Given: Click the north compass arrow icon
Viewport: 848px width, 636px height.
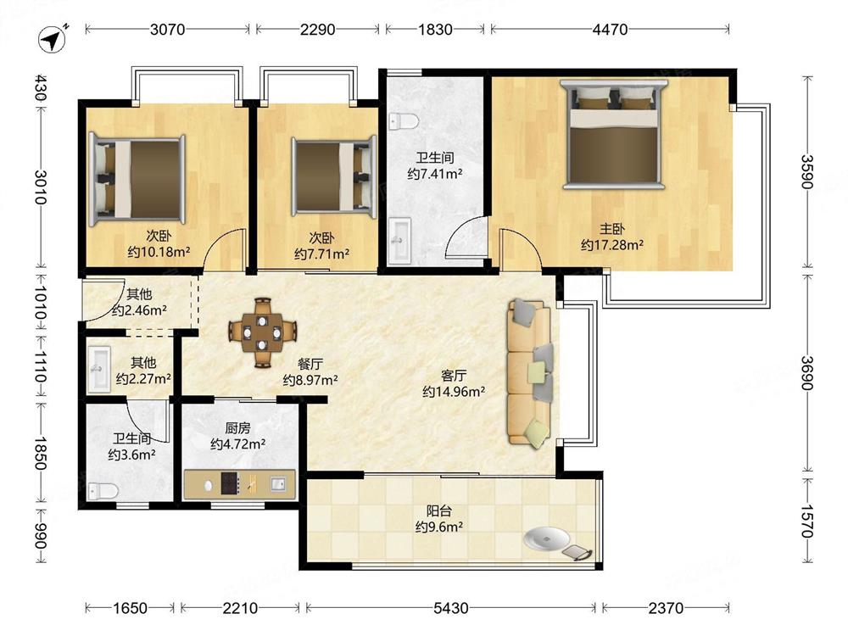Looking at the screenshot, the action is [53, 39].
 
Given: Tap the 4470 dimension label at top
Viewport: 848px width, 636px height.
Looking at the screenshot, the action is [610, 29].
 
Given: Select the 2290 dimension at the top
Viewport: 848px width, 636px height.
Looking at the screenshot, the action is [317, 29].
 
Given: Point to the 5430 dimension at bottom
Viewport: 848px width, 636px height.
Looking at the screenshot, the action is [450, 608].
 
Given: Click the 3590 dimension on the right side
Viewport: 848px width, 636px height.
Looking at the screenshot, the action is [807, 171].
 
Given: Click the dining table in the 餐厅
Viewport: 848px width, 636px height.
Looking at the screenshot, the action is [263, 333].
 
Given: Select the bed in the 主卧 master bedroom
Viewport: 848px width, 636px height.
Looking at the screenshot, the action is [614, 134].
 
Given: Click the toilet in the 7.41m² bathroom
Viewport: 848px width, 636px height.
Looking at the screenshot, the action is [404, 121].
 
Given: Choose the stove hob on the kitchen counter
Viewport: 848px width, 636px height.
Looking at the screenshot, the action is [229, 483].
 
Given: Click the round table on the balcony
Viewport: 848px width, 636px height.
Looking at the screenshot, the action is [546, 538].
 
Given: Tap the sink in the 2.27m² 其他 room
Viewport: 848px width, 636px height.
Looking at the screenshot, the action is [99, 369].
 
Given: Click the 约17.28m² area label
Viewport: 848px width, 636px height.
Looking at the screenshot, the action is [612, 245].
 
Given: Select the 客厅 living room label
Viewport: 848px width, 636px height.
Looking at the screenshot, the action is [453, 376].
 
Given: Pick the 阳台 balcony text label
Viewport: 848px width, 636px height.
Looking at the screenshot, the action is [438, 510].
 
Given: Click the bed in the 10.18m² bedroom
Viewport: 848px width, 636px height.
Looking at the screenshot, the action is [137, 180].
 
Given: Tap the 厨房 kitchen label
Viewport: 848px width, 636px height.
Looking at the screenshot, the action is [237, 428].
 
